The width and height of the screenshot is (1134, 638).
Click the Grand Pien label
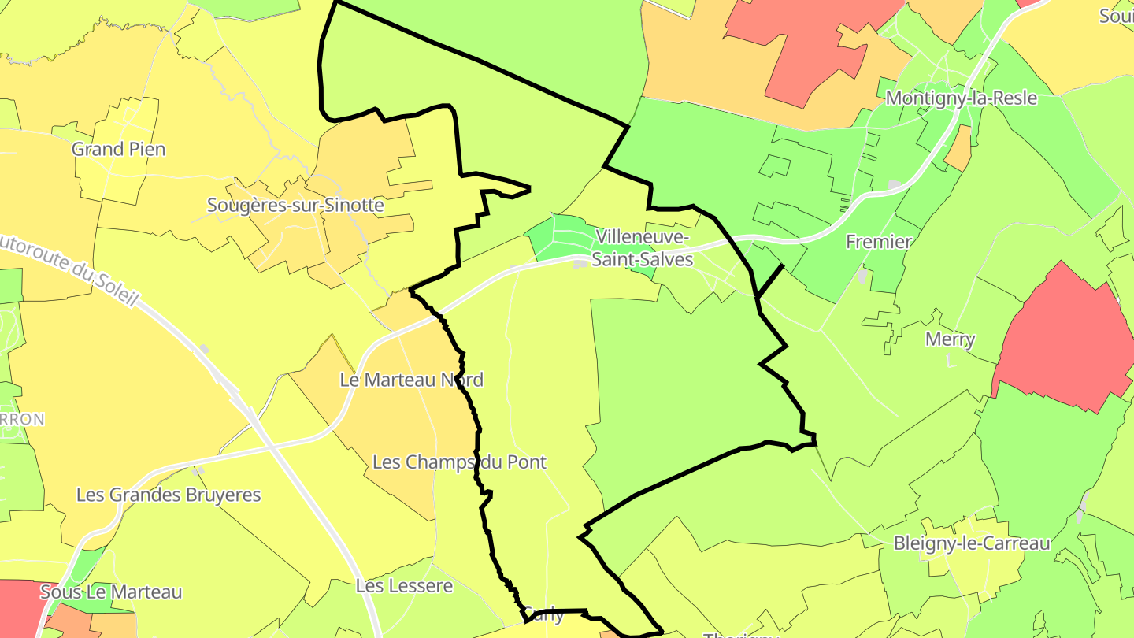tap(119, 149)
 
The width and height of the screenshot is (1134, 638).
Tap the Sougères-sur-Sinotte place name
tap(295, 206)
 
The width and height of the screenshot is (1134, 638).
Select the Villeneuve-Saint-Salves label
tap(643, 248)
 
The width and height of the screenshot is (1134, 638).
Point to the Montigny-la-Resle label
tap(962, 98)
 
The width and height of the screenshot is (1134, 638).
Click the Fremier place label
tap(879, 242)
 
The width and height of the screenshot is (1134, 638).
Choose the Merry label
tap(951, 339)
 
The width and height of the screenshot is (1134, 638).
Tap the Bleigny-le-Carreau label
tap(972, 543)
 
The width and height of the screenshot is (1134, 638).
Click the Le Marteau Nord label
tap(411, 380)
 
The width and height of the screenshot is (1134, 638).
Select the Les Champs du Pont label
tap(459, 462)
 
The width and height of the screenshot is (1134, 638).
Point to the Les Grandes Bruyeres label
tap(169, 495)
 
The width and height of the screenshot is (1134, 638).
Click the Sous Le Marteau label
tap(111, 592)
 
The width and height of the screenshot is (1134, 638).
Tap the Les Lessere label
tap(404, 586)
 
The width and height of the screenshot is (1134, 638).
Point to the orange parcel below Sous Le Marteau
tap(87, 624)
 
